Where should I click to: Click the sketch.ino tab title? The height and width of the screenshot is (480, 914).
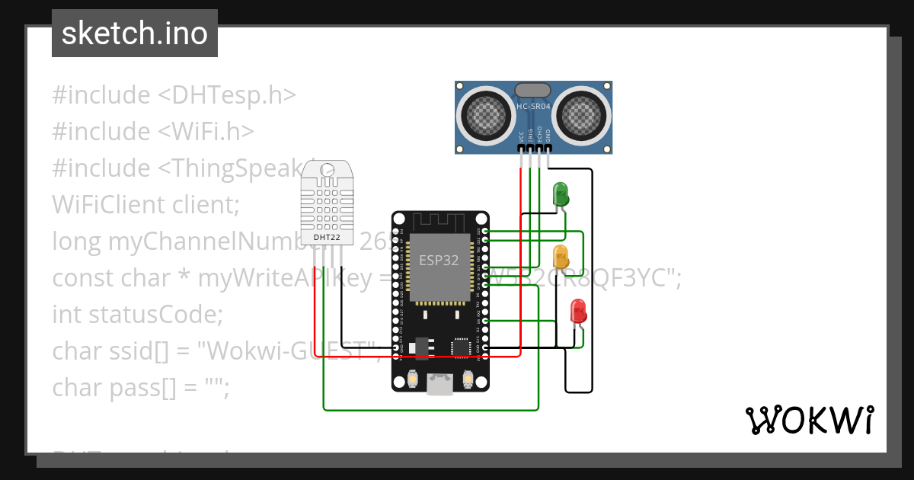click(135, 34)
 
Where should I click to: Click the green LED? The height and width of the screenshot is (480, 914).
click(560, 193)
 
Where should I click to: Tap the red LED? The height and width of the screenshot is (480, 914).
click(579, 310)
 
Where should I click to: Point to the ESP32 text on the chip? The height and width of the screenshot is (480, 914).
click(439, 260)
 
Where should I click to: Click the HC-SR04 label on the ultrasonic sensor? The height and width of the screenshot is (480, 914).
click(533, 107)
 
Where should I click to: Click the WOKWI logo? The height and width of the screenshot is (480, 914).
click(809, 421)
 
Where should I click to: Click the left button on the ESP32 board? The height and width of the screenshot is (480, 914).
click(412, 378)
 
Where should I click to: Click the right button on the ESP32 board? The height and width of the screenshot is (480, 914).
click(468, 378)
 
